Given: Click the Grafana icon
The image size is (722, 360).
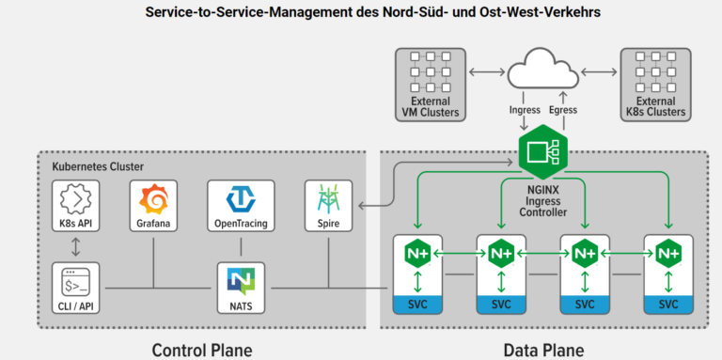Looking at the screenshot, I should point(152,200).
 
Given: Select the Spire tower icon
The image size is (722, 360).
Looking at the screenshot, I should point(328,199).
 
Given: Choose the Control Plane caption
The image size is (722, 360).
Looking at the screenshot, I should point(202,350).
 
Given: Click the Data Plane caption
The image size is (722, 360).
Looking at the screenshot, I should point(543,350).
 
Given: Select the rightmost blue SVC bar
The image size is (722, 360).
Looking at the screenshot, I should point(668,305).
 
